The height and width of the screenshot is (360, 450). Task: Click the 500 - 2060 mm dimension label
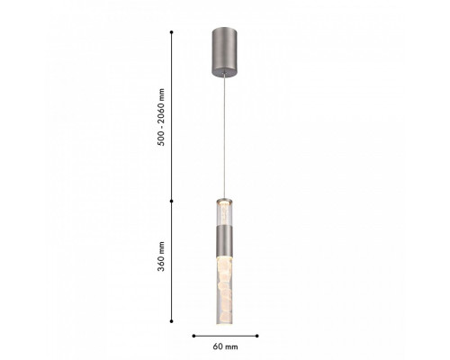161,117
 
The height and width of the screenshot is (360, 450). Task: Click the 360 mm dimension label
161,256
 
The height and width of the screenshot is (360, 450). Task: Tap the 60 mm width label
225,346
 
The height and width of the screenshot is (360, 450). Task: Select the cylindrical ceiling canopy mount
224,52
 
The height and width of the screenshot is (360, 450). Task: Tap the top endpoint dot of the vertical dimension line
172,31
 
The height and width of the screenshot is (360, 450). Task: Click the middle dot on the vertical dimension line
172,201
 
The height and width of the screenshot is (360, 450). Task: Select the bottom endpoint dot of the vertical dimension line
172,321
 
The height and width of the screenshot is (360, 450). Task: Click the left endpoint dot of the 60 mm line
193,336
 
